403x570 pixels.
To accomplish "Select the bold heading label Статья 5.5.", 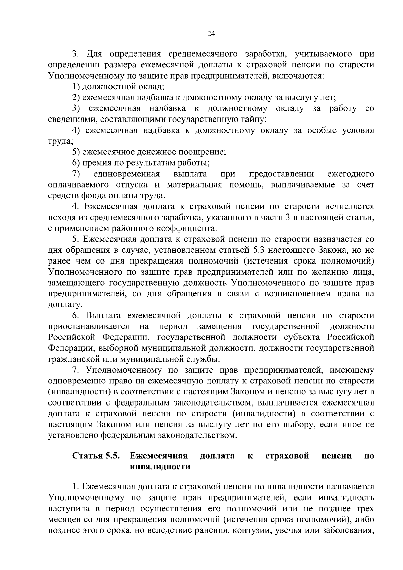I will (96, 456).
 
